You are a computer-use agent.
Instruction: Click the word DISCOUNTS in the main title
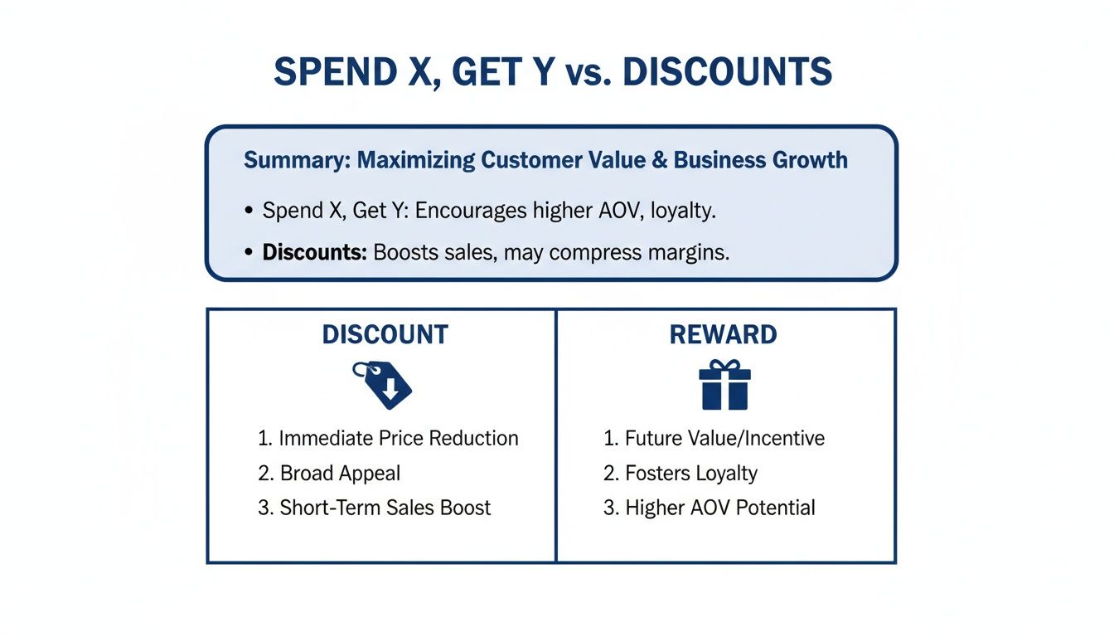(x=727, y=73)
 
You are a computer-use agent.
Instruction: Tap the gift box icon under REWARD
(x=724, y=385)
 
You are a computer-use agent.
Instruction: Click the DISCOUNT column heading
(x=385, y=335)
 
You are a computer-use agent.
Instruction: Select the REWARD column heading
(x=724, y=335)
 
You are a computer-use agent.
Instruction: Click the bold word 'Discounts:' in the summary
(x=314, y=253)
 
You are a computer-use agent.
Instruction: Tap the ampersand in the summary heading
(x=659, y=160)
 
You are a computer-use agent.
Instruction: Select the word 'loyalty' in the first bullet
(x=683, y=211)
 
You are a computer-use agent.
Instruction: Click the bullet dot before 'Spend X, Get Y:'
(x=249, y=212)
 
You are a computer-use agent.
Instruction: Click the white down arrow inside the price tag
(x=389, y=387)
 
